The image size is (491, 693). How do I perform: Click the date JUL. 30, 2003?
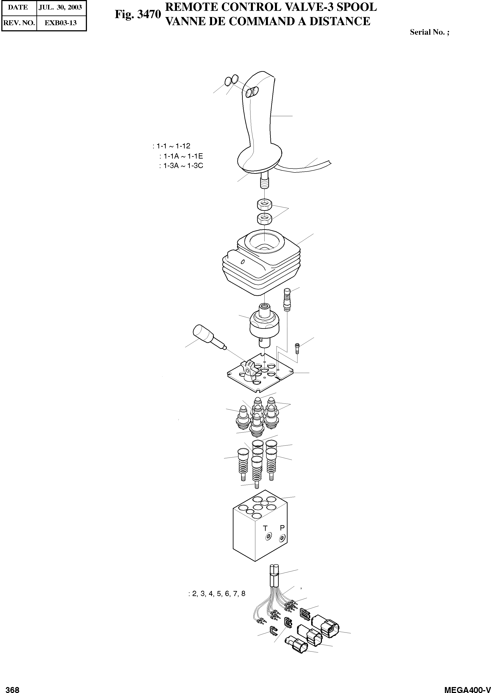point(60,8)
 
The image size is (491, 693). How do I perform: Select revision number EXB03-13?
point(60,23)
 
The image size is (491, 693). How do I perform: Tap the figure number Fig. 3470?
point(137,14)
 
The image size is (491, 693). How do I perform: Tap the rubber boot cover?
point(261,263)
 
